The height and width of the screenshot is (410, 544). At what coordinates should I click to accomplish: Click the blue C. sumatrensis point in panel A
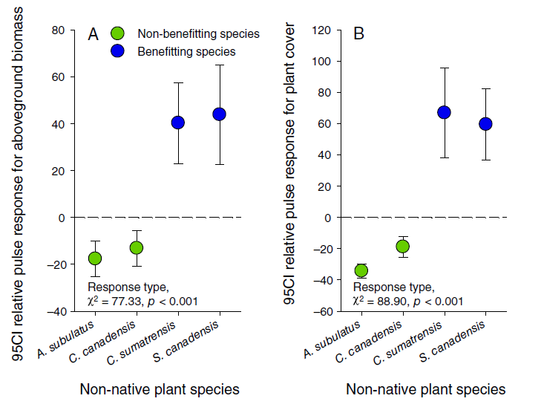tap(177, 123)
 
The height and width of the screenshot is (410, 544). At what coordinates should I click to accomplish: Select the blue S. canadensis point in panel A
tap(219, 114)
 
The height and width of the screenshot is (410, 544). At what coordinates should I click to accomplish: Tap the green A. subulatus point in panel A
tap(94, 258)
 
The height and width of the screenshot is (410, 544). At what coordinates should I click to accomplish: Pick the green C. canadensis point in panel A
tap(136, 247)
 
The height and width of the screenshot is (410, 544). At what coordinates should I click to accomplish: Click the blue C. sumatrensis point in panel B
tap(444, 112)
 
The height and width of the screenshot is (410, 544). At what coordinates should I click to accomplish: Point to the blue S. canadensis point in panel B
tap(485, 124)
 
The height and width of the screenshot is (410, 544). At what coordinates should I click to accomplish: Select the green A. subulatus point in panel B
tap(361, 270)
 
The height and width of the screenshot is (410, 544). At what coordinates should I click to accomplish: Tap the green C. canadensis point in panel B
tap(402, 246)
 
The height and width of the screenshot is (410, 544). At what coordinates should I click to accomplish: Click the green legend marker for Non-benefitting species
tap(117, 33)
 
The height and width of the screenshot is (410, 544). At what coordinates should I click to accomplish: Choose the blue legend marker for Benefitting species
tap(117, 51)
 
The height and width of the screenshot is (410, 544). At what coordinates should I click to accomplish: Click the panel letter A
tap(93, 34)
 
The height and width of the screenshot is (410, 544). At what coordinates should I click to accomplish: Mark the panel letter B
tap(358, 34)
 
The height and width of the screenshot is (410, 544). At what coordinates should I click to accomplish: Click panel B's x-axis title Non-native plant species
tap(425, 388)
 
